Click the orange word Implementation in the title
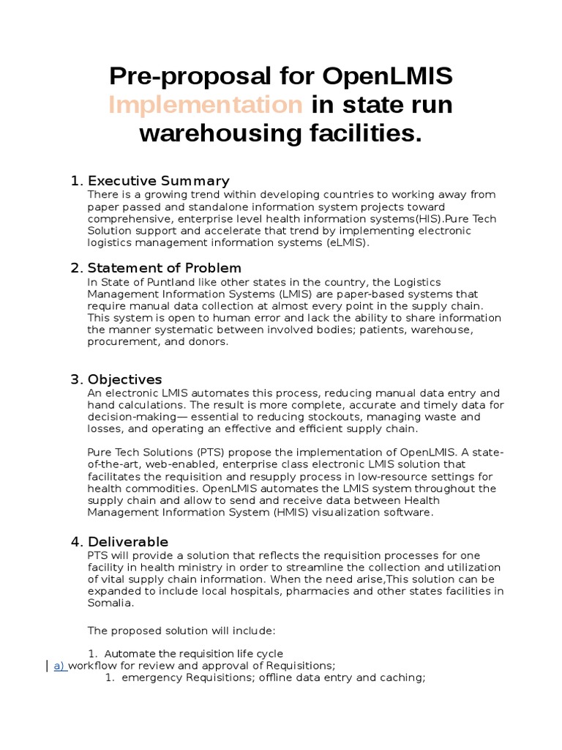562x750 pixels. [x=205, y=105]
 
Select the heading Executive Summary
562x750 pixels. [x=158, y=181]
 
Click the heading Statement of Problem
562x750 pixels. [x=164, y=268]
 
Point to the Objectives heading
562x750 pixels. [x=124, y=379]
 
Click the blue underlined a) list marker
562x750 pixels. [x=60, y=666]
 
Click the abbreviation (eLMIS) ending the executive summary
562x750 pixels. [x=343, y=242]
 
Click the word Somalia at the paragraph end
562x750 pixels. [x=110, y=604]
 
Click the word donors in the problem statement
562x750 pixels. [x=210, y=342]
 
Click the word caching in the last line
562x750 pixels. [x=401, y=678]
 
